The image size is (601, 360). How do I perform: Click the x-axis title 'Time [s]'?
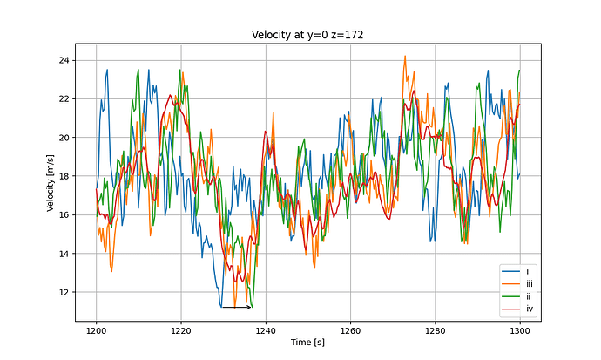click(307, 343)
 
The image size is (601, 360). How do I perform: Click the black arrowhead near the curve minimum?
click(249, 307)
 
